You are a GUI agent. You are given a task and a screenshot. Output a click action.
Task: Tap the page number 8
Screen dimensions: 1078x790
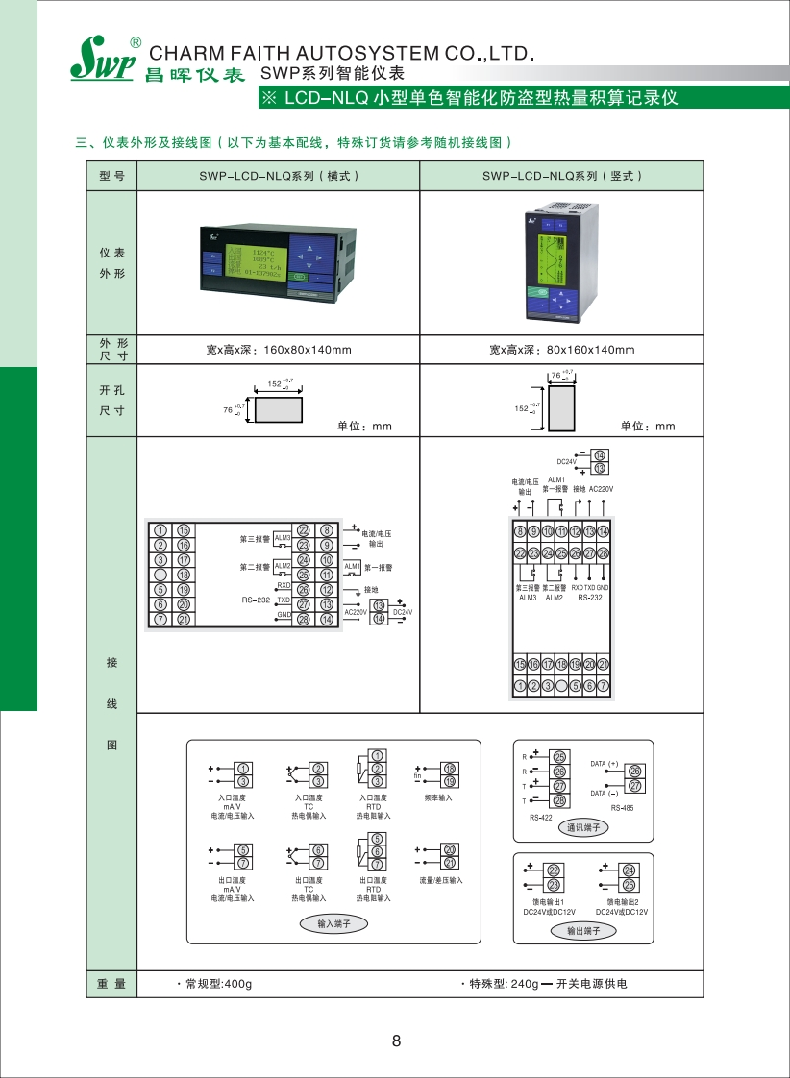click(396, 1041)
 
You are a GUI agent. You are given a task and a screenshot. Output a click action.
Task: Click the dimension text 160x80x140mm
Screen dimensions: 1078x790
click(278, 350)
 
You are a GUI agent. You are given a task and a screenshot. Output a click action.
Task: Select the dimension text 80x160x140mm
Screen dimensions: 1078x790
click(561, 350)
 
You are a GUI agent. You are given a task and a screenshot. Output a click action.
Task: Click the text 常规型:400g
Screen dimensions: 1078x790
click(216, 984)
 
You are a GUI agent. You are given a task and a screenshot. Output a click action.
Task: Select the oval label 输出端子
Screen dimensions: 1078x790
click(582, 931)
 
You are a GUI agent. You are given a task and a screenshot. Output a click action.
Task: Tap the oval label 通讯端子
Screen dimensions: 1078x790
click(582, 827)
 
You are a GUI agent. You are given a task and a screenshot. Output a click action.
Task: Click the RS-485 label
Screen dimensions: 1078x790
click(622, 808)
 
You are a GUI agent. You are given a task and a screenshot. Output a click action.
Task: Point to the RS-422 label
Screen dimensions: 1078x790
click(541, 818)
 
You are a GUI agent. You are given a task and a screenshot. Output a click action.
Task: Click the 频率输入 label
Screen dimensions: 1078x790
click(438, 797)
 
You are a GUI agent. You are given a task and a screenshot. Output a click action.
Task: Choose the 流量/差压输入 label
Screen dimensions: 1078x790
click(440, 880)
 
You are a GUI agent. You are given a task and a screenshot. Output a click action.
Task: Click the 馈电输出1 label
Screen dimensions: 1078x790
click(549, 902)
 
